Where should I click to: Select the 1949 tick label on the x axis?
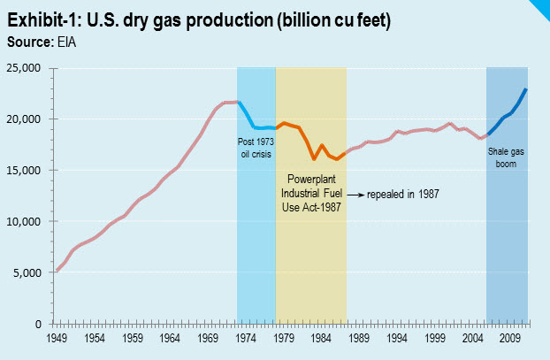pos(57,338)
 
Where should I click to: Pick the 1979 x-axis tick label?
pos(283,338)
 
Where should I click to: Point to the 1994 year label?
pos(396,338)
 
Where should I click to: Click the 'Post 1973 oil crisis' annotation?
pos(256,147)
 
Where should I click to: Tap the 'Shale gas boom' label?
pos(508,156)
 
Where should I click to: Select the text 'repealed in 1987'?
pos(403,193)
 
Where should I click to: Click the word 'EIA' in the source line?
pos(56,40)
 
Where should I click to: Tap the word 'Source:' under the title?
pos(25,40)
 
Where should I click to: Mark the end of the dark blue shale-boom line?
pos(527,89)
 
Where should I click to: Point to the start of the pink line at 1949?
pos(57,271)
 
